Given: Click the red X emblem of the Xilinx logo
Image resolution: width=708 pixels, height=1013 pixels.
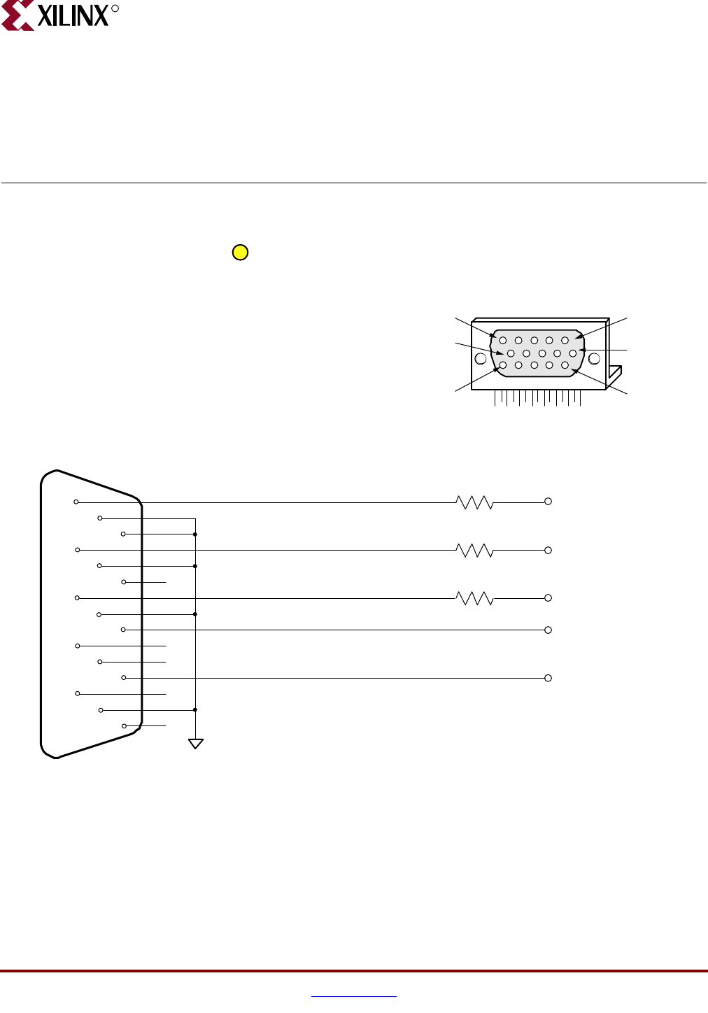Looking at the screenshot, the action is pyautogui.click(x=18, y=15).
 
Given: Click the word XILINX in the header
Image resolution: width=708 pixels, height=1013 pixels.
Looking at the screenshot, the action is pyautogui.click(x=73, y=15).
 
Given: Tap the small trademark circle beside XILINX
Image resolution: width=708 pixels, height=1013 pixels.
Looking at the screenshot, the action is pyautogui.click(x=115, y=9).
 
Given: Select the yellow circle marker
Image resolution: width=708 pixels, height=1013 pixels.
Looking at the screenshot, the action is pyautogui.click(x=240, y=253).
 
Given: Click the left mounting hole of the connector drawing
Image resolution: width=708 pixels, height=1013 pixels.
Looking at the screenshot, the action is pyautogui.click(x=481, y=359).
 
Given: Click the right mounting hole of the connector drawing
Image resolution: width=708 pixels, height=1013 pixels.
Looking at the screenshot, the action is pyautogui.click(x=594, y=359).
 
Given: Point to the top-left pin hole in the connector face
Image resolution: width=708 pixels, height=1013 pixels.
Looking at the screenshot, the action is pyautogui.click(x=503, y=341).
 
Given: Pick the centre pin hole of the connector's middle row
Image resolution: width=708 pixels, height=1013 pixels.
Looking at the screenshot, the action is pyautogui.click(x=541, y=353).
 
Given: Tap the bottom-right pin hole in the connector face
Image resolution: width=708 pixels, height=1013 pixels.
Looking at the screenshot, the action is pyautogui.click(x=565, y=365).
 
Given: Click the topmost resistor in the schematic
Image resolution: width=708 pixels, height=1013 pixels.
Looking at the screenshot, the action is pyautogui.click(x=474, y=502).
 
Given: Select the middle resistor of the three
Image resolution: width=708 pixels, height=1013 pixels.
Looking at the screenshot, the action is pyautogui.click(x=474, y=551).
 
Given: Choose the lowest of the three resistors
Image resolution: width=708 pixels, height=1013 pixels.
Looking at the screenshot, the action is pyautogui.click(x=474, y=598).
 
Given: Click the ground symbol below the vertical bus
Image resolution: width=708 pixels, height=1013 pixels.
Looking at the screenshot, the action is pyautogui.click(x=196, y=744).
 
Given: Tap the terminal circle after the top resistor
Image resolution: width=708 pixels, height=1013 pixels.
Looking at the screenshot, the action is pyautogui.click(x=548, y=502).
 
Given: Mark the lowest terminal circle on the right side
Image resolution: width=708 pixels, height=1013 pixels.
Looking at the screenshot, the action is pyautogui.click(x=548, y=678).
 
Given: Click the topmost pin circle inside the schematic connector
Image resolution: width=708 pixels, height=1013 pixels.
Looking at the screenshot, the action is pyautogui.click(x=76, y=502).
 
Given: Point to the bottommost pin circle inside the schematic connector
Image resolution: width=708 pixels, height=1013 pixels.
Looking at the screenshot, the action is pyautogui.click(x=124, y=725).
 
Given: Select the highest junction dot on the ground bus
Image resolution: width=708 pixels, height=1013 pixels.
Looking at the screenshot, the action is pyautogui.click(x=195, y=534).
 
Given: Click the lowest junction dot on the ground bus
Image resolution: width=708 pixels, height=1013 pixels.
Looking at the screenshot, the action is pyautogui.click(x=195, y=709).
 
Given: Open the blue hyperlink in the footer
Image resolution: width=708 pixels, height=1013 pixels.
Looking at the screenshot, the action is pyautogui.click(x=354, y=996).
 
